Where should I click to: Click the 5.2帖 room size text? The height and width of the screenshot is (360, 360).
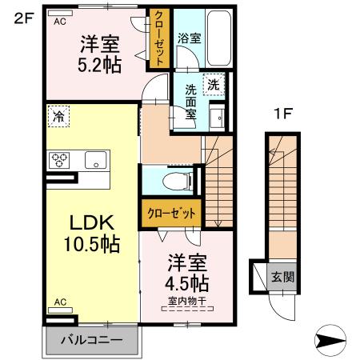click(100, 65)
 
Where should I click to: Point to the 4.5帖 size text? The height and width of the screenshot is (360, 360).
click(188, 283)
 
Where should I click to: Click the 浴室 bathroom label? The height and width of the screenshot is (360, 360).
click(188, 38)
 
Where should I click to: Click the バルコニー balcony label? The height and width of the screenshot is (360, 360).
click(94, 340)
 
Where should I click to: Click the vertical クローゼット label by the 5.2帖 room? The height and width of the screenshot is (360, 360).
click(160, 38)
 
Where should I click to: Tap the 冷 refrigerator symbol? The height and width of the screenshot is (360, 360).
click(58, 117)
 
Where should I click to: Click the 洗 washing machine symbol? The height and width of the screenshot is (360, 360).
click(214, 84)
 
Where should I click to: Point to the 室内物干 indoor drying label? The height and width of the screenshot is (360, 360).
click(188, 301)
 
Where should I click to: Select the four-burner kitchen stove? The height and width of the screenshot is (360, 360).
click(61, 160)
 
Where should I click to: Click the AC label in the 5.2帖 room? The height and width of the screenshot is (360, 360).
click(59, 22)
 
